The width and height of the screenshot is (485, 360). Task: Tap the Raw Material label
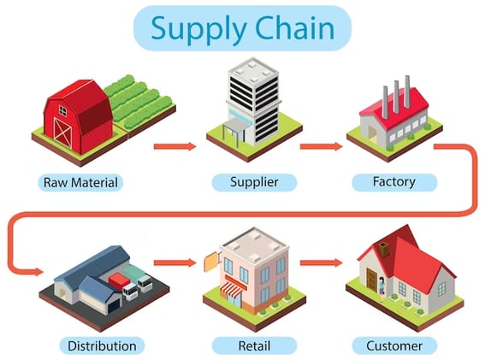pos(80,182)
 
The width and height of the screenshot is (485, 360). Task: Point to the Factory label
pos(394,182)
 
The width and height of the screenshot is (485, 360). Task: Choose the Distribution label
pos(98,346)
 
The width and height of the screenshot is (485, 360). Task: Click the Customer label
pos(394,346)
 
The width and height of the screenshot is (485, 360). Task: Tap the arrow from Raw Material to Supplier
pos(175,146)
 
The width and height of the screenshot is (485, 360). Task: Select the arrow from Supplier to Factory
pos(321,146)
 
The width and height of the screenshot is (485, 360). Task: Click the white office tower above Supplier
pos(252,98)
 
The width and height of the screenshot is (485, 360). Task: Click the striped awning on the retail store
pos(233,292)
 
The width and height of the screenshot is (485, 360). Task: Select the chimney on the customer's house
pos(385,249)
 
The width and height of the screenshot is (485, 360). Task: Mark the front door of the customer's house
pos(371,279)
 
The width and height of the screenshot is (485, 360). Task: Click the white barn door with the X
pos(63,129)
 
